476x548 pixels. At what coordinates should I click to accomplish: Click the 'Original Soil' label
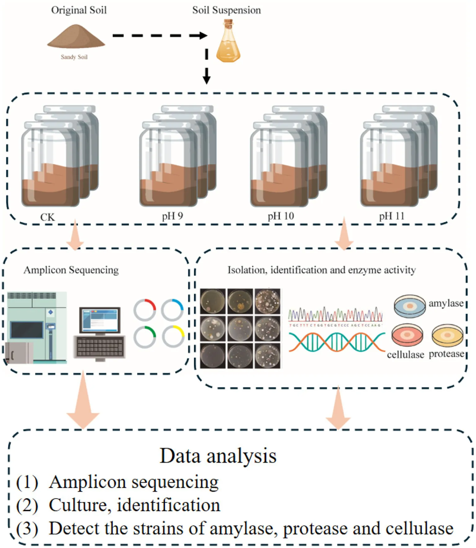point(79,10)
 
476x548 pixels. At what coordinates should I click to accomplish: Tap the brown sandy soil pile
point(76,38)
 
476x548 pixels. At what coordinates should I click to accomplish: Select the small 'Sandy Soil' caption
point(74,57)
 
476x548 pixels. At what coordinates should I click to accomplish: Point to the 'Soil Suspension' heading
point(226,10)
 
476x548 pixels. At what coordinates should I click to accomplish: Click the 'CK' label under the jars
point(47,217)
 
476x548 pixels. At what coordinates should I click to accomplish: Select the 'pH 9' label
point(172,216)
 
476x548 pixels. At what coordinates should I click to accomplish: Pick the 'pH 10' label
point(281,216)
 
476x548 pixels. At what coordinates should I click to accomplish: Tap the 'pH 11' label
point(392,216)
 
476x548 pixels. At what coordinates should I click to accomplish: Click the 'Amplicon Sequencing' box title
point(71,270)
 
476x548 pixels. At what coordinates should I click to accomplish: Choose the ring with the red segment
point(145,310)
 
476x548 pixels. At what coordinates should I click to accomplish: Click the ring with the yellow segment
point(173,337)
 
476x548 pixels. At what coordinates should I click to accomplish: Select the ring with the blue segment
point(172,310)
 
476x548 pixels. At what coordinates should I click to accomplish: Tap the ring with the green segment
point(145,337)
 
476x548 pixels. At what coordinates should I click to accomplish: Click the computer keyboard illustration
point(100,347)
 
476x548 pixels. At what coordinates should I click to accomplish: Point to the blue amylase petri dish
point(410,306)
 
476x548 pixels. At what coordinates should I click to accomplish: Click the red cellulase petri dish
point(407,335)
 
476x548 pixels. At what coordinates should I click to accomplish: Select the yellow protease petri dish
point(447,336)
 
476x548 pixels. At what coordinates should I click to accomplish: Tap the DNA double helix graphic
point(337,342)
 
